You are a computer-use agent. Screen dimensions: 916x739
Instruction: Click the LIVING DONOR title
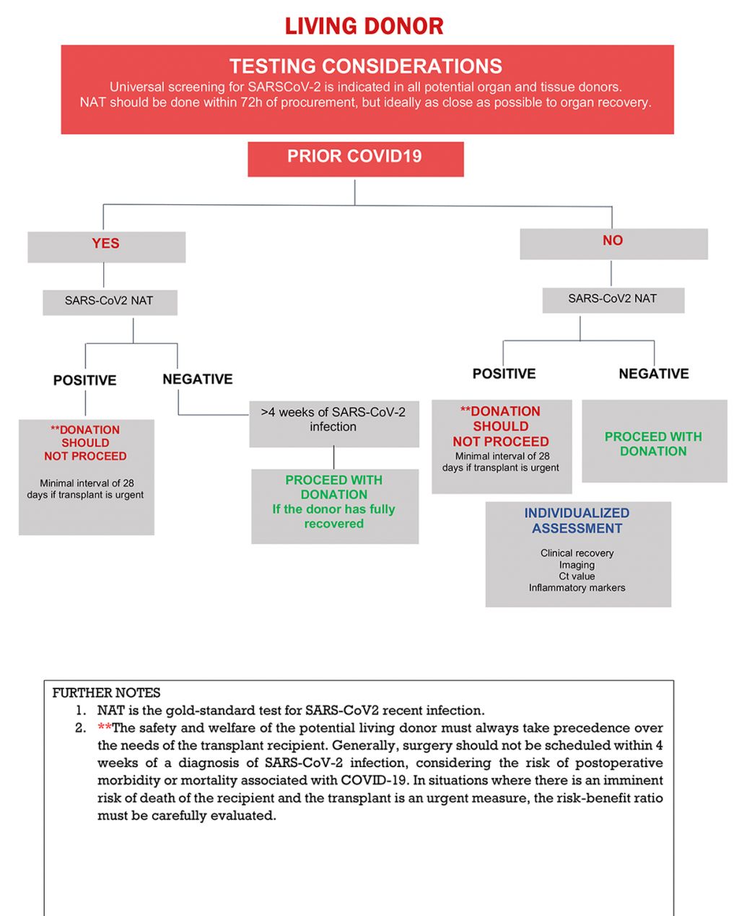364,27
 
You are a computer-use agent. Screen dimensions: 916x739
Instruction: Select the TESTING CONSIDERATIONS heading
366,66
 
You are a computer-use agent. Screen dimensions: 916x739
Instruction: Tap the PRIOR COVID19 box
355,157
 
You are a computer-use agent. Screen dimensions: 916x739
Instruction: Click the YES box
106,245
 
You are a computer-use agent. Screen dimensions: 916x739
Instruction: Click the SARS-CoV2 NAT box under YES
110,301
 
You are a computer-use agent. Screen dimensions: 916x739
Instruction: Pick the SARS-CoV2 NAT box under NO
613,299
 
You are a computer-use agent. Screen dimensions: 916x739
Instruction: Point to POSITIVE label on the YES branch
84,381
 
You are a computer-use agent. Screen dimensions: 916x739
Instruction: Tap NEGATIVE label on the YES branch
198,379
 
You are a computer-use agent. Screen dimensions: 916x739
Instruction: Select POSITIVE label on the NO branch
504,374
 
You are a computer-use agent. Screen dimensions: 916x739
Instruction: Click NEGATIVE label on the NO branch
654,374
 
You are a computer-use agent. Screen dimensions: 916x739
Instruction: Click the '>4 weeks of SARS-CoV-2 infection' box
333,420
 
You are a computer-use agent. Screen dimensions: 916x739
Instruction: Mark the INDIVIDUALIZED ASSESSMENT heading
577,521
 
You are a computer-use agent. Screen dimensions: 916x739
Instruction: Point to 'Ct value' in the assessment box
577,576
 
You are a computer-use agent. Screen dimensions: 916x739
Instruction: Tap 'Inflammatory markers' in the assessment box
577,588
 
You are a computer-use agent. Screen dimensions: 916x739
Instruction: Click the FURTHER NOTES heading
106,693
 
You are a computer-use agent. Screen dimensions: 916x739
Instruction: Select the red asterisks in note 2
104,727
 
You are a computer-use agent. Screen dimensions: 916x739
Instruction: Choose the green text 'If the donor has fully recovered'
333,517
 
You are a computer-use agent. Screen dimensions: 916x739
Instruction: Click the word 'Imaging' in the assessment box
577,565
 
